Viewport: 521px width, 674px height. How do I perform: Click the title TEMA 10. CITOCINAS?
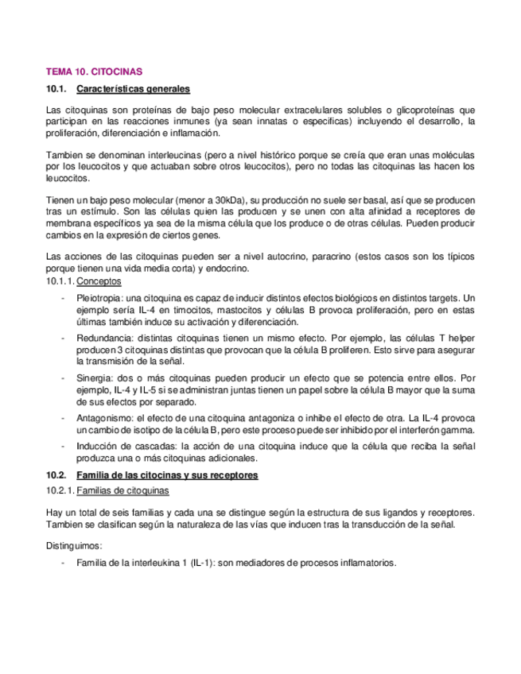coord(95,72)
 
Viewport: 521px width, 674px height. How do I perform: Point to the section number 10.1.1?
coord(60,281)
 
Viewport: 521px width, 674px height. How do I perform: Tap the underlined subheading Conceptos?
coord(99,281)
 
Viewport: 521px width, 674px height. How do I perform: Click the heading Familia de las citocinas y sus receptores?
coord(167,475)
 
